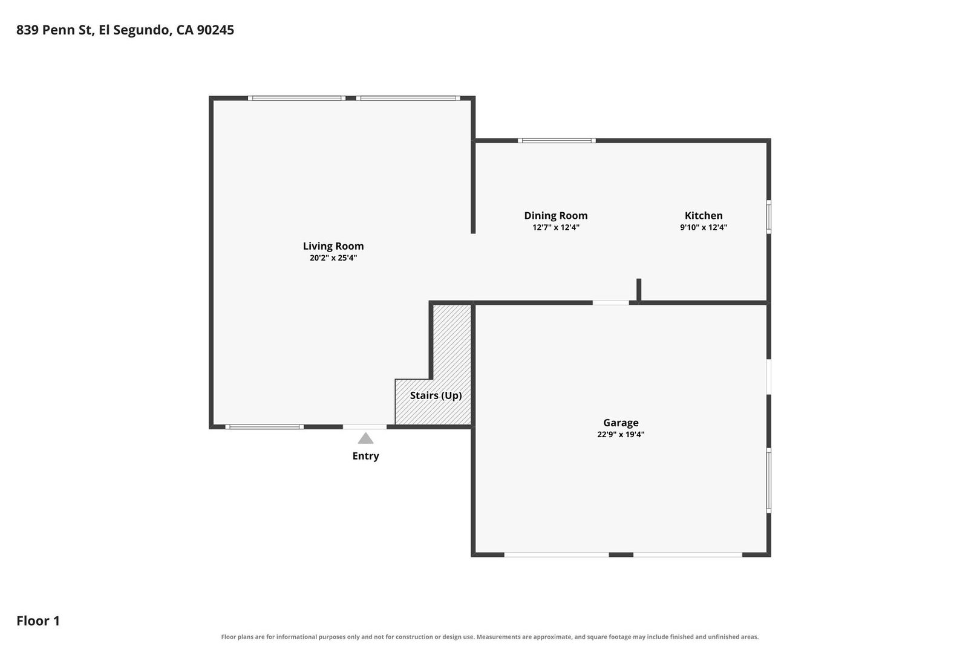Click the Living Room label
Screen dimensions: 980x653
point(333,246)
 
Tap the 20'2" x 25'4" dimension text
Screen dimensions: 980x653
point(333,258)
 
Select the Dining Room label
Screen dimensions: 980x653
point(555,216)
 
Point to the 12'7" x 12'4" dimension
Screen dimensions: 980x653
point(555,227)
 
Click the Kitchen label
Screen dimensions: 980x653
point(704,216)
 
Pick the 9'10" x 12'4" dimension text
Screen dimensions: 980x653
point(704,227)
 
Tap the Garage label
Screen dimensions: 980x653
point(621,423)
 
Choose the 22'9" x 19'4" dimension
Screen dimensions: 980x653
point(621,435)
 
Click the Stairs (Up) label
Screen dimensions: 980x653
point(436,396)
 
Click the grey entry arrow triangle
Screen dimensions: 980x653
point(366,439)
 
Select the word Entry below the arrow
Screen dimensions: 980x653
point(366,456)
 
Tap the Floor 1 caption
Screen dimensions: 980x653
point(38,621)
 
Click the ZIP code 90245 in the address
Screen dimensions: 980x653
point(215,30)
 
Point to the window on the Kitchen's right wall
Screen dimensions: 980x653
point(769,217)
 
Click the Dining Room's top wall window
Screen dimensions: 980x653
point(557,140)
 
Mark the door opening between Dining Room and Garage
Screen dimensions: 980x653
point(611,303)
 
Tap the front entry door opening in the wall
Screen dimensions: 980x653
point(364,427)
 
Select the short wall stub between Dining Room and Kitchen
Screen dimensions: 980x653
point(639,290)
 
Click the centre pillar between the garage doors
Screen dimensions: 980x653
point(621,554)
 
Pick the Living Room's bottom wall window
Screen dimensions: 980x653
point(264,427)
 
